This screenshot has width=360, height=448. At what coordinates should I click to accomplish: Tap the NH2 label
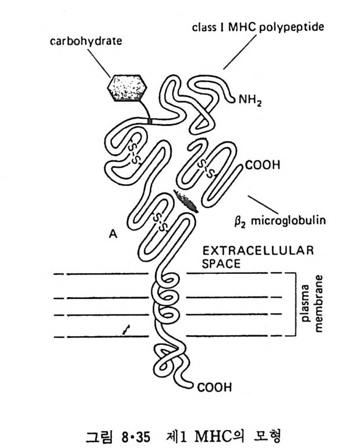coord(251,100)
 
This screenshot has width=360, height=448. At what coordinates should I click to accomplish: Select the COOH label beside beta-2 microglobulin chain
coord(263,165)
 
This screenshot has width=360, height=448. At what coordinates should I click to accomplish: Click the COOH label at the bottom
coord(214,386)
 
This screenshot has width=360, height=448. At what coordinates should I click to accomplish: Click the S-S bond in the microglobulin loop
coord(205,168)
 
